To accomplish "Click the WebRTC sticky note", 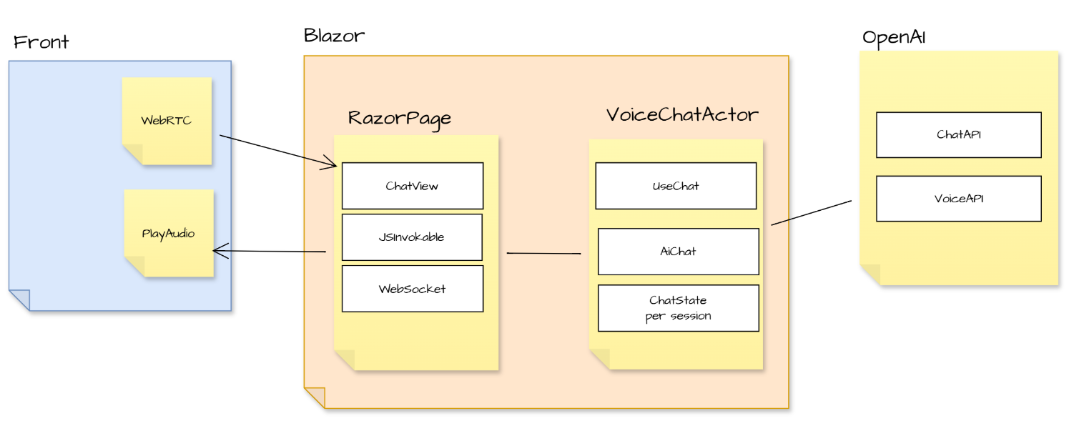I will click(167, 120).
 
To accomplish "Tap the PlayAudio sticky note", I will click(169, 233).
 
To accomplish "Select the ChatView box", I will click(412, 186).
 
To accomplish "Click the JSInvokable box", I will click(412, 237).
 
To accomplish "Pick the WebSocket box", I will click(412, 289).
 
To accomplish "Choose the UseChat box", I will click(676, 186).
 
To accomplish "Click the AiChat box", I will click(678, 252).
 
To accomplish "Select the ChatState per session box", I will click(678, 309).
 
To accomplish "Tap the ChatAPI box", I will click(958, 134).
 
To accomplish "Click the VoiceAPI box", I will click(958, 199).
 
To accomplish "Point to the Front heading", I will click(41, 41).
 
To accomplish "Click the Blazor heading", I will click(334, 35).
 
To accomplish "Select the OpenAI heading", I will click(894, 37).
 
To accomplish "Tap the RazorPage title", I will click(400, 118).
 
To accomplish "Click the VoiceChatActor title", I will click(682, 114).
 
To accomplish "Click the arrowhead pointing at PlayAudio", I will click(218, 250).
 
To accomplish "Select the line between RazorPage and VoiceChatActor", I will click(543, 253).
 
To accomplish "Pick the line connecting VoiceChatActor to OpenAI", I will click(811, 213).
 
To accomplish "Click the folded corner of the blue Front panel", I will click(19, 300).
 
